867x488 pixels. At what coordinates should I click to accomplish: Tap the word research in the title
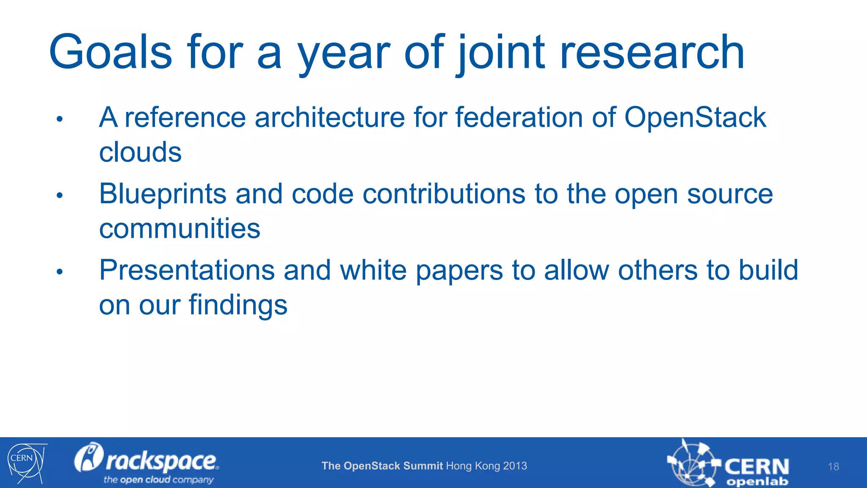click(652, 53)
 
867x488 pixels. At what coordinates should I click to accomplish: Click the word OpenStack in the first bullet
click(695, 117)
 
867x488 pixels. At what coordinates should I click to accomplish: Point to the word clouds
click(140, 152)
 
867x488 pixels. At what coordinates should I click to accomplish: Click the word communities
click(179, 229)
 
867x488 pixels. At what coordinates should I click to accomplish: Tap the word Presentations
click(187, 270)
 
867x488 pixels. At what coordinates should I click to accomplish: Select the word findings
click(238, 305)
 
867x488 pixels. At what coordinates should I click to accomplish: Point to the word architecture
click(330, 117)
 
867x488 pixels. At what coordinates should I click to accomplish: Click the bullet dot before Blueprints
click(60, 196)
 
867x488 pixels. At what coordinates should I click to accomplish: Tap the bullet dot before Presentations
click(60, 272)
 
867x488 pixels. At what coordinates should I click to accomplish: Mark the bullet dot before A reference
click(60, 119)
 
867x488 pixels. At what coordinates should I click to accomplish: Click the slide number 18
click(833, 467)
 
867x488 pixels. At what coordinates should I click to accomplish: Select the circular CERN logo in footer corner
click(25, 463)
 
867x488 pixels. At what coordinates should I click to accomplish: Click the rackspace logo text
click(161, 461)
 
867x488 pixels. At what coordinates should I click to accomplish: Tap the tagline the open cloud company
click(158, 480)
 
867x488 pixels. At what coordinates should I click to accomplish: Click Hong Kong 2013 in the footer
click(486, 466)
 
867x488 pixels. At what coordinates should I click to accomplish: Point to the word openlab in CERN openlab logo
click(757, 482)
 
